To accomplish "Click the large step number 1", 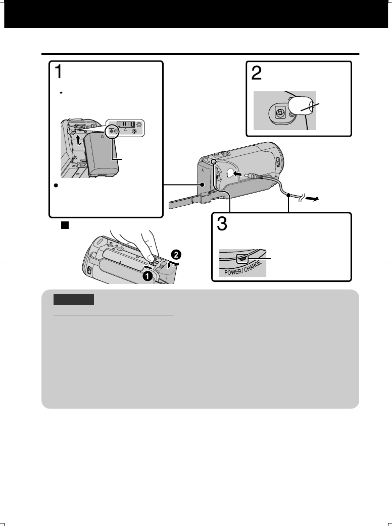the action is coord(59,72).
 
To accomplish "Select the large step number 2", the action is coord(257,74).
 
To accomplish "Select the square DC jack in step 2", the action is coord(277,113).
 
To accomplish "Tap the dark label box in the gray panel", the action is coord(74,299).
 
